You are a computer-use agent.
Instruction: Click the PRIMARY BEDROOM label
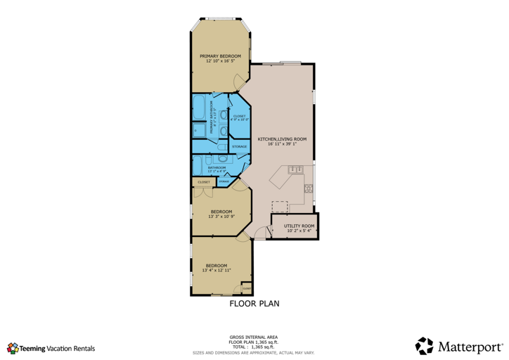pos(220,56)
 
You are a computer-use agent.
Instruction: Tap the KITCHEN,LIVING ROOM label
pos(277,139)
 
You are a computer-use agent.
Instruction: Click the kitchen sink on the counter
pos(295,169)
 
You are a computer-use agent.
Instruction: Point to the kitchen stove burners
pos(308,188)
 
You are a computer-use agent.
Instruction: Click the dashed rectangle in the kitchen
pos(280,206)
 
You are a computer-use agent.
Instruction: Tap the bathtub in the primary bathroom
pos(199,110)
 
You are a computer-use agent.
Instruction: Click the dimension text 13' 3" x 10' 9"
pos(221,217)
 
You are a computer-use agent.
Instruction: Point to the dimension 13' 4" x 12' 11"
pos(216,270)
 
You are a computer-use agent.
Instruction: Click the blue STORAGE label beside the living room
pos(239,147)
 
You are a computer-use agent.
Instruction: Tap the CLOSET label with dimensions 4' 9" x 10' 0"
pos(239,119)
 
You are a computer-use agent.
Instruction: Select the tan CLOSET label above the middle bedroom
pos(204,182)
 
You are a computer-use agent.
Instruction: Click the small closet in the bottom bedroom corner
pos(246,288)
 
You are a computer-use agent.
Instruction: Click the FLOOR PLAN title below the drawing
pos(254,304)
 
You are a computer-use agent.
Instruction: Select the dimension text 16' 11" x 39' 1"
pos(277,144)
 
